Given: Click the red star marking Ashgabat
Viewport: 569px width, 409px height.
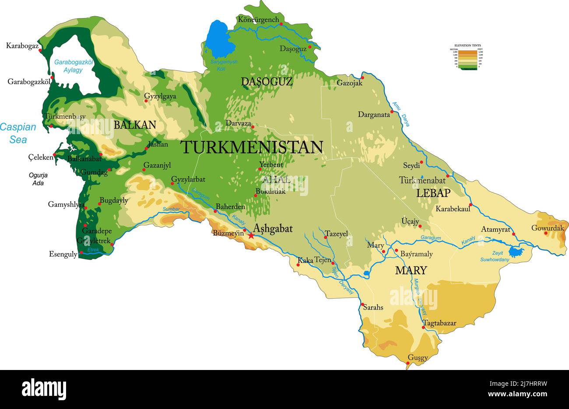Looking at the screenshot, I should click(251, 236).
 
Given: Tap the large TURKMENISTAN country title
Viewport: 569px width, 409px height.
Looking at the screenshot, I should click(252, 147).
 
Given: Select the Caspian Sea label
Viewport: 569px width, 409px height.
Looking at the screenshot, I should click(18, 133).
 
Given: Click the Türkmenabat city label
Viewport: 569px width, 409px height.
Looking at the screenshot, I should click(422, 180).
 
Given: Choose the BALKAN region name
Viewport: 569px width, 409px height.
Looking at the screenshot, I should click(135, 125).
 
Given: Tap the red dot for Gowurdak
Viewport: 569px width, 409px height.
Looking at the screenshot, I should click(546, 233).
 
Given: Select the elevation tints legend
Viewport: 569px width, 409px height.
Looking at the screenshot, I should click(467, 57).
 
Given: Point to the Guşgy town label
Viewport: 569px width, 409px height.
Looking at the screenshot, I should click(418, 358).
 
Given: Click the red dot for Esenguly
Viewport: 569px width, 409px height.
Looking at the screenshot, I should click(81, 253).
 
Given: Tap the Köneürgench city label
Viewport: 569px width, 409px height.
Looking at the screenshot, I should click(258, 20).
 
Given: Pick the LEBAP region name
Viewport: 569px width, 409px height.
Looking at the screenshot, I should click(433, 193).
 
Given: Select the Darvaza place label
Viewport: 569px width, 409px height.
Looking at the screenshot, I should click(238, 124).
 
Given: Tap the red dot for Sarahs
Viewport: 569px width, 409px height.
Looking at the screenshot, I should click(362, 304).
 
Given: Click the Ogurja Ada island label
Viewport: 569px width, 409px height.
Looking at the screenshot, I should click(38, 179).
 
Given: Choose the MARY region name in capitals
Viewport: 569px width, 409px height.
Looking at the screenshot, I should click(411, 270).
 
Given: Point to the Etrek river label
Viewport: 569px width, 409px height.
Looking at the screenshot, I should click(94, 250).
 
